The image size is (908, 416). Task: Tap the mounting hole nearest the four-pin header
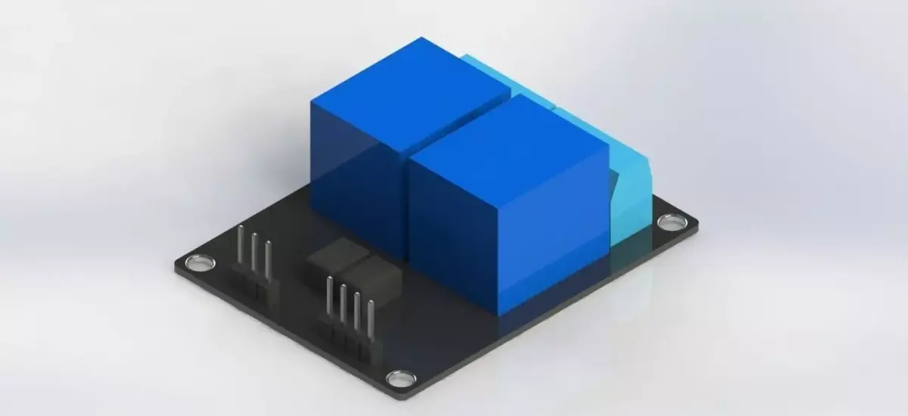[x=396, y=377]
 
